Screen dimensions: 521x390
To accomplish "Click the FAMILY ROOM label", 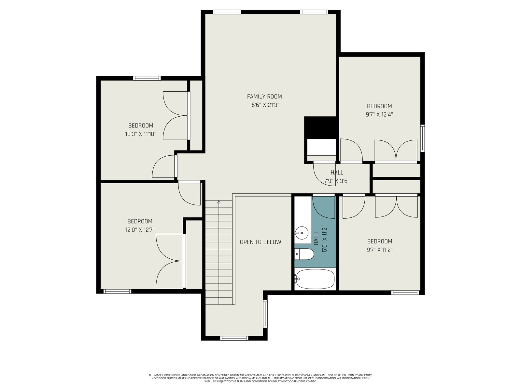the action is click(264, 97).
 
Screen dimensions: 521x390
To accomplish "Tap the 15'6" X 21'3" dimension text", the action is click(264, 105).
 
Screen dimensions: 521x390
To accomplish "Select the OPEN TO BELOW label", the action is click(260, 242).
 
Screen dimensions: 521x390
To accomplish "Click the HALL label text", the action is click(337, 172).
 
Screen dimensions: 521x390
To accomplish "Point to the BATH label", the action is click(316, 239).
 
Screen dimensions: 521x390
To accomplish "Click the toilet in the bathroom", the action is click(304, 254).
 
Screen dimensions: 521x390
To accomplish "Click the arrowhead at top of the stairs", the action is click(219, 202).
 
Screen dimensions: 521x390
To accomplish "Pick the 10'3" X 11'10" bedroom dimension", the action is click(141, 134).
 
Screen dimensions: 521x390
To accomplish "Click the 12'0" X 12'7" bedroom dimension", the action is click(140, 230).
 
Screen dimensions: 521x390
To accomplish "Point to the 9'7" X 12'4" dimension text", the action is click(379, 115).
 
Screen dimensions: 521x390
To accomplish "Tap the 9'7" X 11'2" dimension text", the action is click(380, 250).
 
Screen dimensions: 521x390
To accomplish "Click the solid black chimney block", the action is click(320, 128).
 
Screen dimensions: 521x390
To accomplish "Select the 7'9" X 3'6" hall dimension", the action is click(337, 181).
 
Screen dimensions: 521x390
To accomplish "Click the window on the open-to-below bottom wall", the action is click(234, 338).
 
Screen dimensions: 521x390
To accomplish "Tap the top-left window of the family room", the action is click(227, 12).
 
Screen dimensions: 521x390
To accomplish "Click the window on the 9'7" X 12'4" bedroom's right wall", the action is click(422, 138).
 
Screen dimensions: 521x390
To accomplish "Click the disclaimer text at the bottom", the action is click(260, 379).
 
